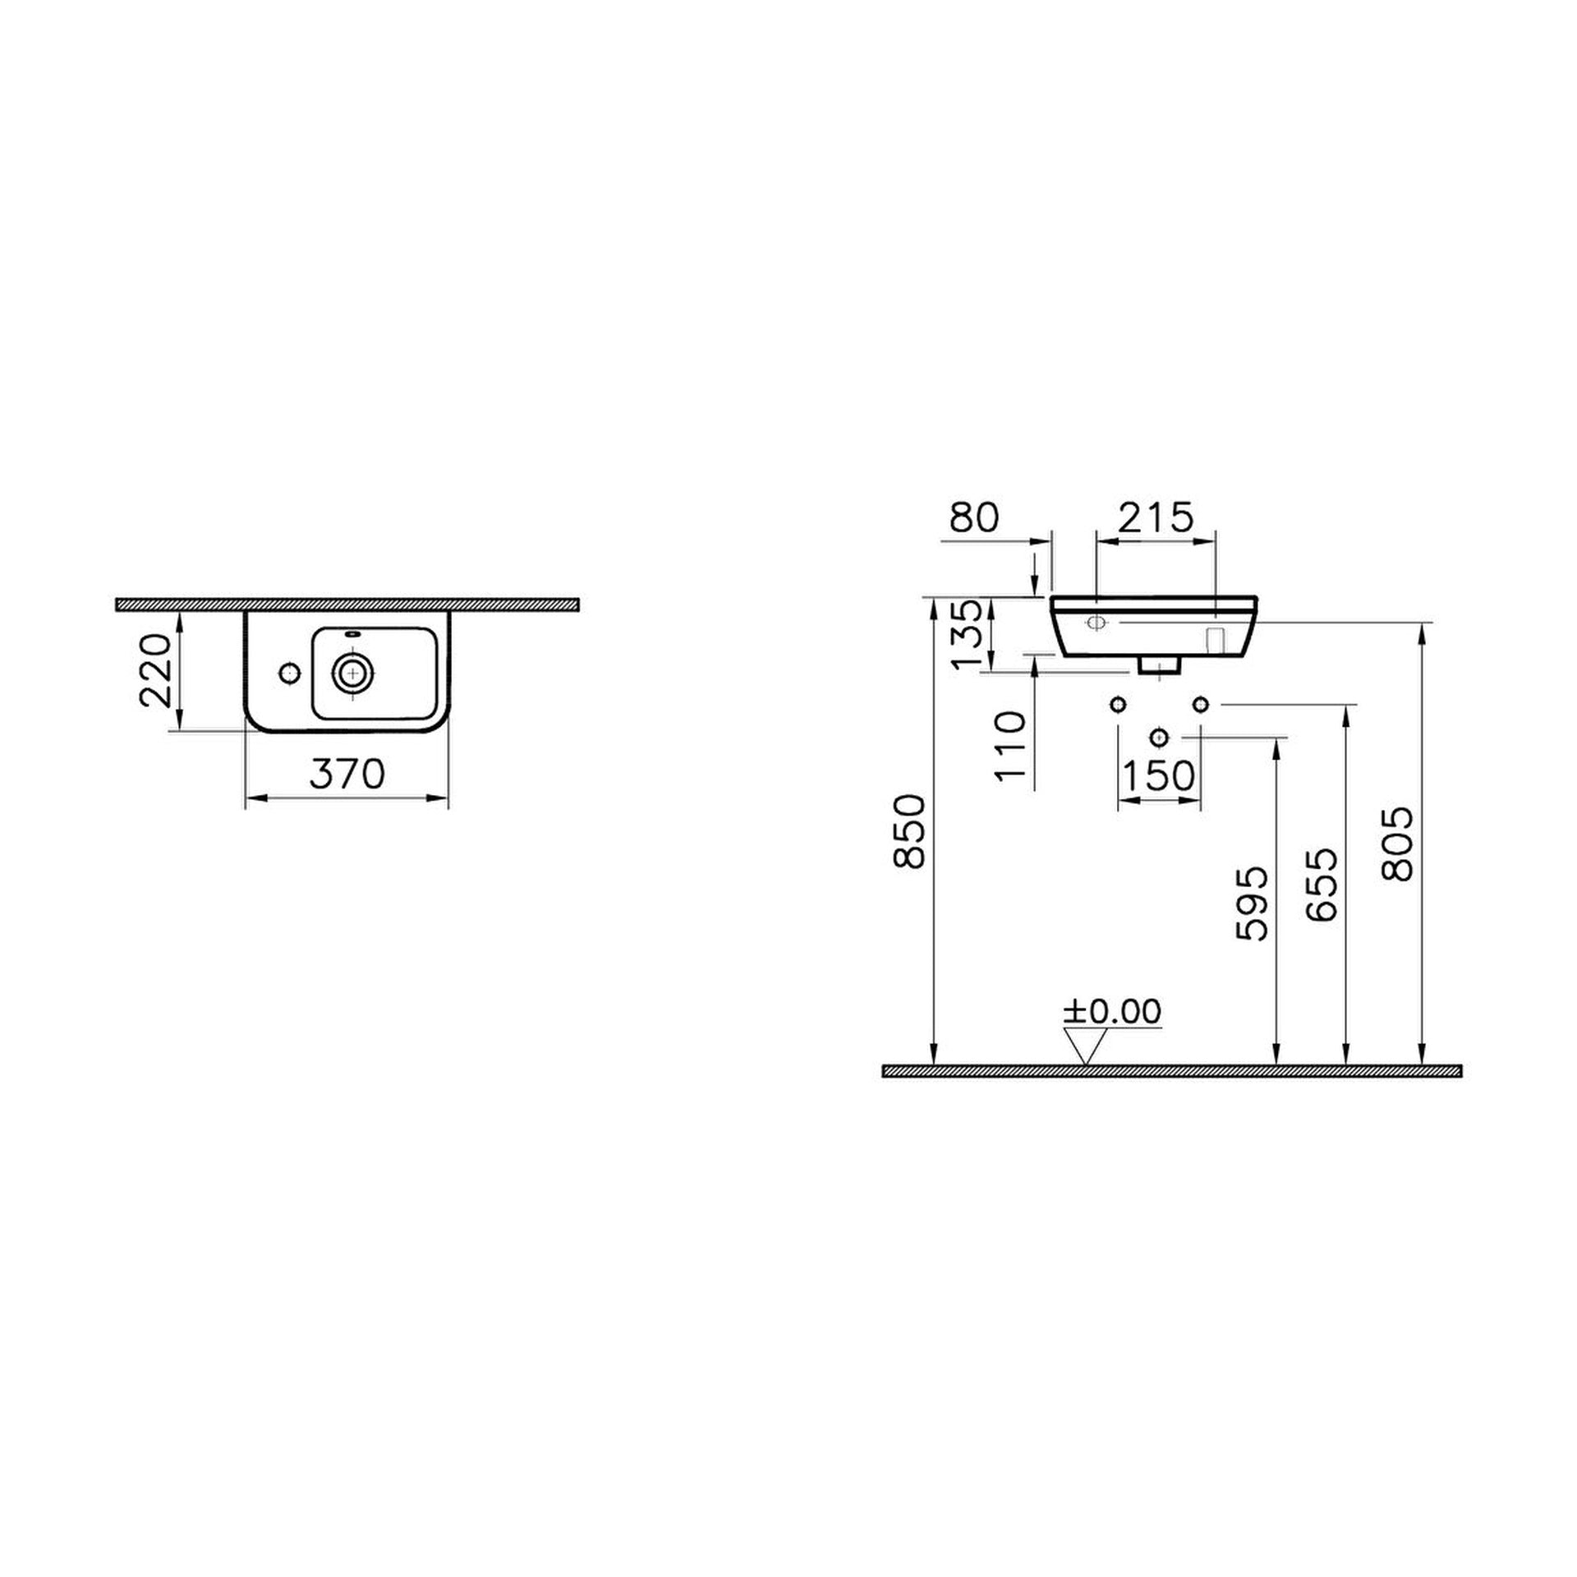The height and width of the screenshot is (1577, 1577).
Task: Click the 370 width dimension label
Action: point(347,774)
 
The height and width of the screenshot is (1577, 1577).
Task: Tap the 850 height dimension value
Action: point(911,830)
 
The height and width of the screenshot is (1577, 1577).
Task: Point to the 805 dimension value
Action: point(1397,844)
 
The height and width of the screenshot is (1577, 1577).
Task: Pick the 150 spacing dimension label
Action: point(1158,775)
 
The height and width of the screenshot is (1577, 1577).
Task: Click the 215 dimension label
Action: point(1155,517)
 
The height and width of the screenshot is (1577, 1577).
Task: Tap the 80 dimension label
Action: point(974,517)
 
